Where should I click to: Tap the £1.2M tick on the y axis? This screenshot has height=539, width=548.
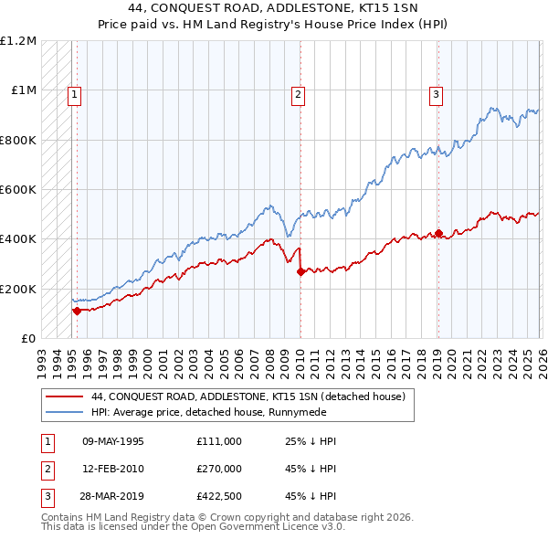(19, 41)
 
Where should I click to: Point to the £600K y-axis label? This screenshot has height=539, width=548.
(18, 190)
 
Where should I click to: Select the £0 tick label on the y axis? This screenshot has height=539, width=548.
(27, 338)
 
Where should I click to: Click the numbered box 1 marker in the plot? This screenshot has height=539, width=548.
(73, 92)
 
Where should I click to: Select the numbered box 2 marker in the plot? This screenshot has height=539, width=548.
(299, 92)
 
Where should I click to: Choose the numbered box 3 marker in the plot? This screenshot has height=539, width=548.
(437, 92)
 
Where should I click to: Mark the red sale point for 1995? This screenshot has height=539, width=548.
(77, 311)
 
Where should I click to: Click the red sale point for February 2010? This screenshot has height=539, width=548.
(300, 271)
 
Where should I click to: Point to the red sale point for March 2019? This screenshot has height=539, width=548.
(439, 233)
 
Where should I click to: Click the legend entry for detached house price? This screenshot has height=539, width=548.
(253, 397)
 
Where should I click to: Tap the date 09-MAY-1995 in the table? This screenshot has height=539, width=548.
(112, 441)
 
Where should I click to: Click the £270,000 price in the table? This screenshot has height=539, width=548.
(218, 469)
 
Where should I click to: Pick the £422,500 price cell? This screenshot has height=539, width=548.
(218, 496)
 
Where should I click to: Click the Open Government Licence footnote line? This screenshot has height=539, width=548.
(194, 527)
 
